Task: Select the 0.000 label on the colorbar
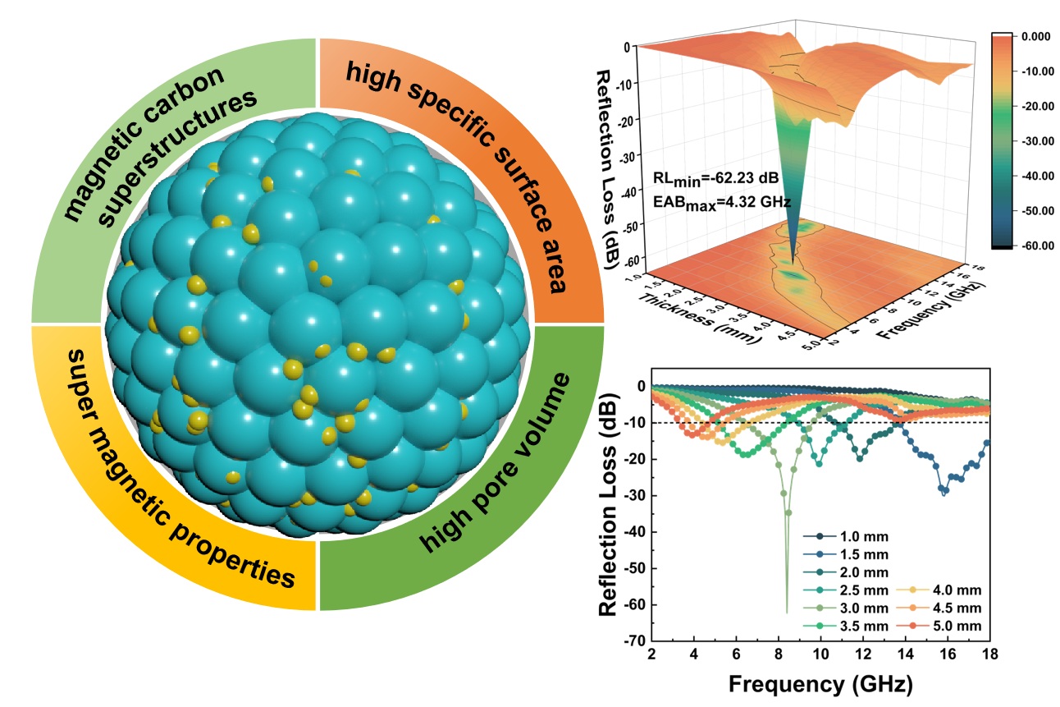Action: coord(1032,36)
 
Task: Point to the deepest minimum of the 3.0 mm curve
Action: coord(787,612)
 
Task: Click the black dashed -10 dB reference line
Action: coord(902,422)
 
